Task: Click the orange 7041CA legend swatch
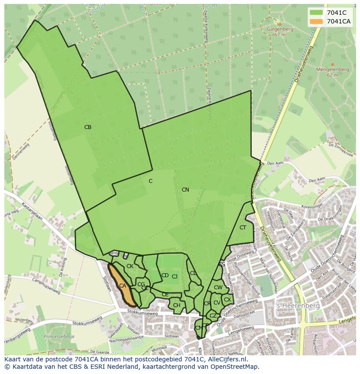[x=316, y=21]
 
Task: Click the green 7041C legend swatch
[x=316, y=13]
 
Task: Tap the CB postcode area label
[x=88, y=127]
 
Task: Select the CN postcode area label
[x=185, y=190]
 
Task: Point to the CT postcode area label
[x=243, y=228]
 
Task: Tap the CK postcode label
[x=130, y=266]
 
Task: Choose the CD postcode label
[x=165, y=275]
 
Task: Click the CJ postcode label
[x=175, y=277]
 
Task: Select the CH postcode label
[x=177, y=305]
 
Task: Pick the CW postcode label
[x=218, y=288]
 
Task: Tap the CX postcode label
[x=227, y=300]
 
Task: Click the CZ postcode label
[x=213, y=316]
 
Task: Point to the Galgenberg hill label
[x=280, y=30]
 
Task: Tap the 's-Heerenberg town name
[x=298, y=306]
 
